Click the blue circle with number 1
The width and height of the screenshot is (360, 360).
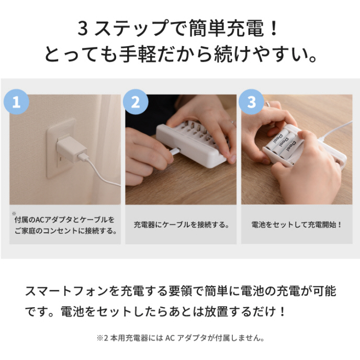point(16,102)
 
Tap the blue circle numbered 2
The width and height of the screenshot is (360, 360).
point(136,102)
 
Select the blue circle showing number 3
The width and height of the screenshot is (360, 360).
point(251,102)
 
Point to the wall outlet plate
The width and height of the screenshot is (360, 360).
point(61,148)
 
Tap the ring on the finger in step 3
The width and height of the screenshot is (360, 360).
point(268,104)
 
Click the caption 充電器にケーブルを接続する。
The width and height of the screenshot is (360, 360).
point(182,224)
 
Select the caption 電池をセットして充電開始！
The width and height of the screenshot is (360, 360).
point(297,224)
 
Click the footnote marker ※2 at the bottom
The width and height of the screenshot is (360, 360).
point(103,338)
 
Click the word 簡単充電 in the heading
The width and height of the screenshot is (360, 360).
point(226,28)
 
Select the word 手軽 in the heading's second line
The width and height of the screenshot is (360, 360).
point(138,54)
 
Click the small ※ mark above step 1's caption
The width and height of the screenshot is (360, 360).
point(14,213)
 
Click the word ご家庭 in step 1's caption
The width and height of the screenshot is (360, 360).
point(25,231)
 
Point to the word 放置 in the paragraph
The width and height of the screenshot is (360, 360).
point(216,312)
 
